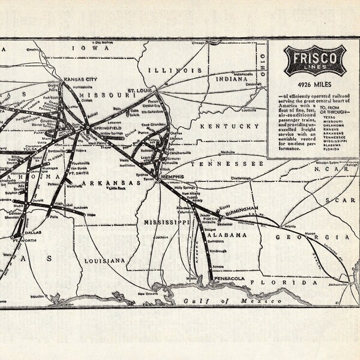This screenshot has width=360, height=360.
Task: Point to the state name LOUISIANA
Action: [x=105, y=260]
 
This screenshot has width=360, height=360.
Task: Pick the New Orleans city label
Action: [x=149, y=293]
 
